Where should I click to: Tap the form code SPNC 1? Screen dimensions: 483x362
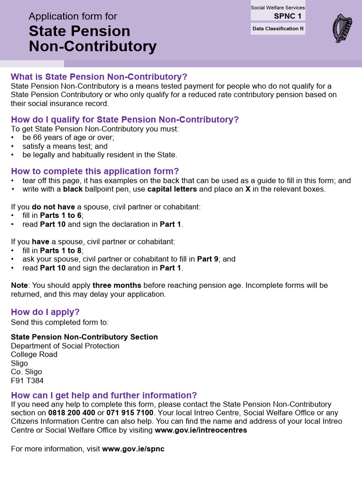click(x=288, y=16)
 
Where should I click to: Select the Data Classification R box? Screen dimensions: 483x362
click(x=278, y=29)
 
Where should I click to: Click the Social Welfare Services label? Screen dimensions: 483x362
click(x=278, y=8)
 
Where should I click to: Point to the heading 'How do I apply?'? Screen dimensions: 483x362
click(x=45, y=312)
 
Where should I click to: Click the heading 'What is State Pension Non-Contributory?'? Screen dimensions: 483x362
click(x=99, y=77)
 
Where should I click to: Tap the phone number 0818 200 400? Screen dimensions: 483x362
click(x=72, y=413)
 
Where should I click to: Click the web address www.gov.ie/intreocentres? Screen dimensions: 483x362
click(x=201, y=430)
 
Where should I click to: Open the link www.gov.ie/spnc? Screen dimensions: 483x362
click(x=133, y=449)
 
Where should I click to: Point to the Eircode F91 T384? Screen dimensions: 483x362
click(x=27, y=381)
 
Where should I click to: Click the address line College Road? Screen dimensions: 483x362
click(x=34, y=354)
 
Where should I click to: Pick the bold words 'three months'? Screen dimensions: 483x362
click(x=117, y=285)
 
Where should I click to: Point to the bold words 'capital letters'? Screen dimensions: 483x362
click(x=172, y=189)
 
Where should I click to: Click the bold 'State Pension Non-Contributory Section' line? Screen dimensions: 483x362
click(x=84, y=337)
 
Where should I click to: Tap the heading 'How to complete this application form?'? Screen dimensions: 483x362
click(x=95, y=171)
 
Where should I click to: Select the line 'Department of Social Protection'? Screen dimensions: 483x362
click(x=65, y=346)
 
